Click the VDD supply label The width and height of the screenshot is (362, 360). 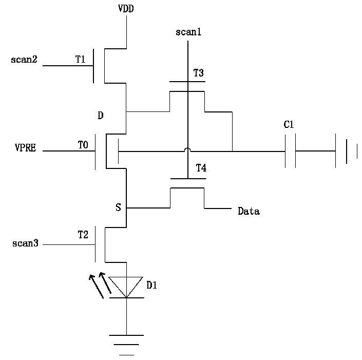(126, 9)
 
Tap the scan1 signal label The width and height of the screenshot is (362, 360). (188, 32)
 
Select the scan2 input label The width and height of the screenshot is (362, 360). (24, 60)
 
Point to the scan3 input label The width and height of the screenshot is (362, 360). (25, 243)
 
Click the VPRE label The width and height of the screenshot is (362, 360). (25, 147)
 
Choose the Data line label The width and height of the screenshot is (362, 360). (249, 211)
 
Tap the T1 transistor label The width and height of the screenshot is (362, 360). (80, 60)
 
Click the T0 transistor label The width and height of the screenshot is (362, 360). (83, 145)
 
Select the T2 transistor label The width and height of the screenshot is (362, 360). (83, 235)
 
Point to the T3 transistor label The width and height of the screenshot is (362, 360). (198, 73)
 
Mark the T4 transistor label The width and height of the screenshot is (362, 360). (201, 168)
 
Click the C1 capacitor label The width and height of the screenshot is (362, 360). (289, 125)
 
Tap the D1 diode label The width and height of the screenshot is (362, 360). (151, 286)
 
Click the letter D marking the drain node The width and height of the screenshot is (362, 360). (101, 115)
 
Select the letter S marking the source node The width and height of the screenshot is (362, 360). (118, 207)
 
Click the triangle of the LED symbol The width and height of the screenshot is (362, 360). (126, 287)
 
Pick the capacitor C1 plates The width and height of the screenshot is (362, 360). (290, 151)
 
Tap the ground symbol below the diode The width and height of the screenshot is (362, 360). (126, 345)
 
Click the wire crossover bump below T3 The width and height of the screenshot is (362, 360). (188, 149)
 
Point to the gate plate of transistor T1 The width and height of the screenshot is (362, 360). (93, 66)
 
